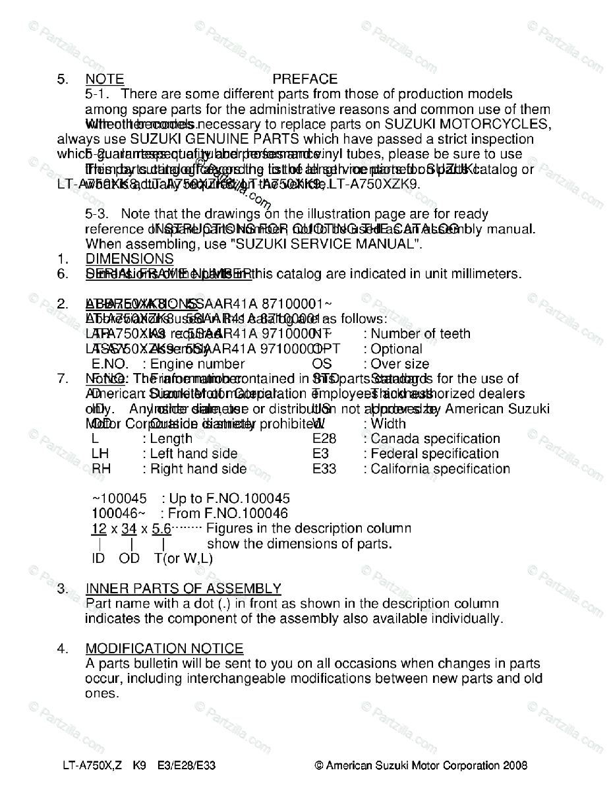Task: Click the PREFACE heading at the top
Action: point(305,80)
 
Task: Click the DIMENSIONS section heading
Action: point(130,259)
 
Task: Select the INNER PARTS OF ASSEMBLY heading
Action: point(183,589)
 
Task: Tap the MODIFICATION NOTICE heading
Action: point(164,649)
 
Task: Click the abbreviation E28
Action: point(324,439)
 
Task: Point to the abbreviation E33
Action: point(324,469)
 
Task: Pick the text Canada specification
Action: point(435,439)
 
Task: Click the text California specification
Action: point(440,469)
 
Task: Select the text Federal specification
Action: point(435,454)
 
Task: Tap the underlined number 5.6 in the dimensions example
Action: point(161,529)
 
